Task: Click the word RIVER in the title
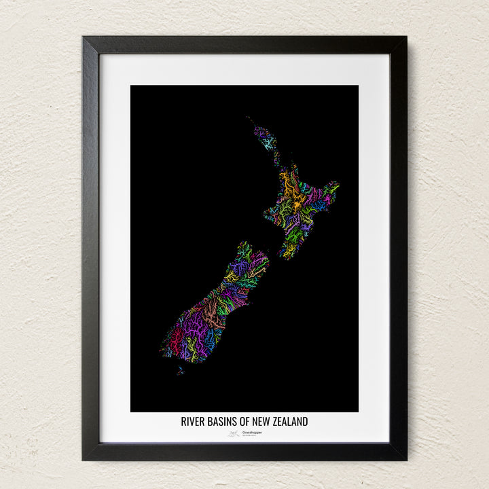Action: [192, 422]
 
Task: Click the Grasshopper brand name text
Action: [251, 432]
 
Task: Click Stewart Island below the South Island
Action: [180, 370]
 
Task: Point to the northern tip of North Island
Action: [249, 120]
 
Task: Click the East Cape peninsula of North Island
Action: [333, 185]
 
